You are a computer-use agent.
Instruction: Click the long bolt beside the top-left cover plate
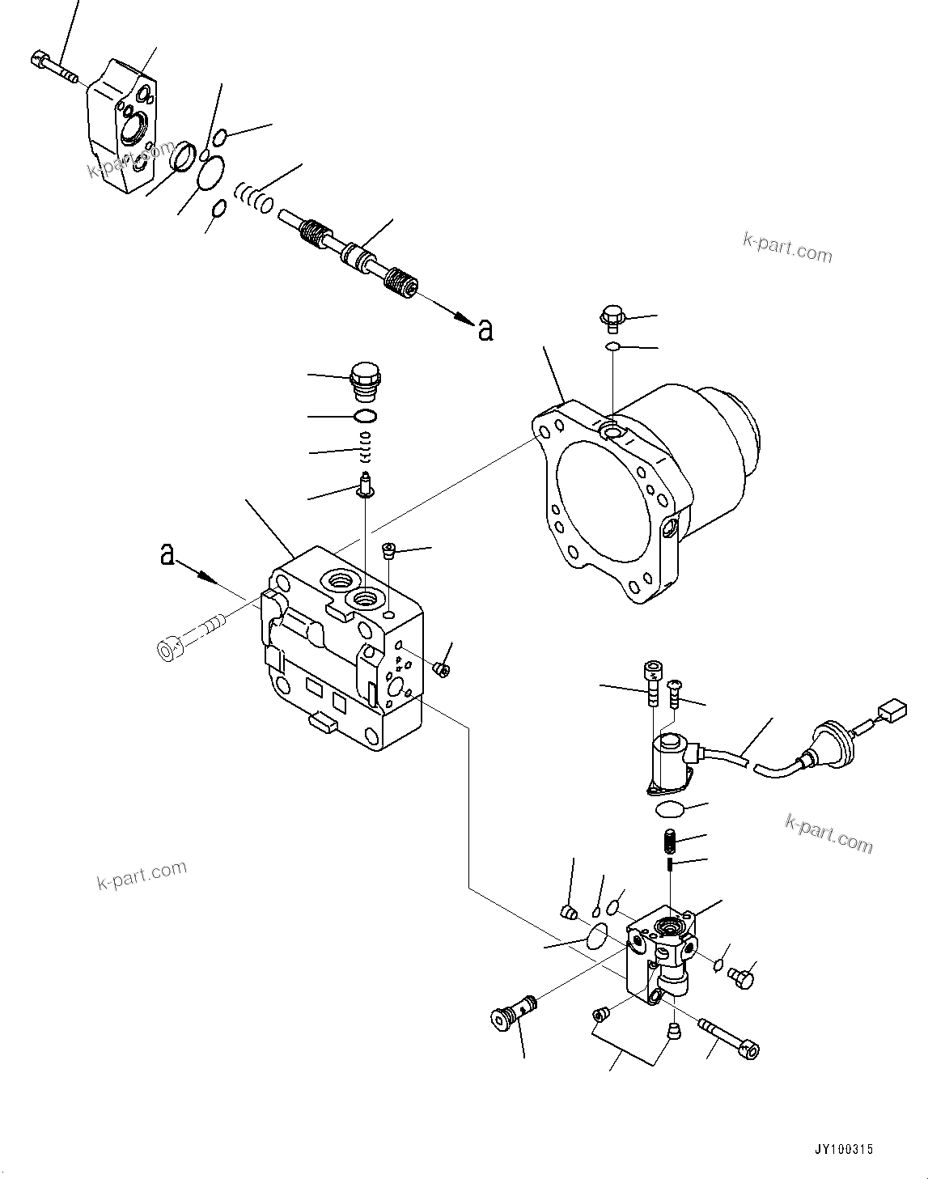[53, 67]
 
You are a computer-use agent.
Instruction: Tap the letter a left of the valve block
[167, 554]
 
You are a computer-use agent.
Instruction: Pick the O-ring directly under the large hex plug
[365, 417]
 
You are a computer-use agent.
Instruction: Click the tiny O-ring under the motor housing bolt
[614, 347]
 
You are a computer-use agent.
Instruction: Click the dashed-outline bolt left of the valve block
[190, 638]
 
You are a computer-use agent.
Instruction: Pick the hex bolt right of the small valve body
[741, 978]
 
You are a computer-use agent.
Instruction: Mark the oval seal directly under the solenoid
[671, 809]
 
